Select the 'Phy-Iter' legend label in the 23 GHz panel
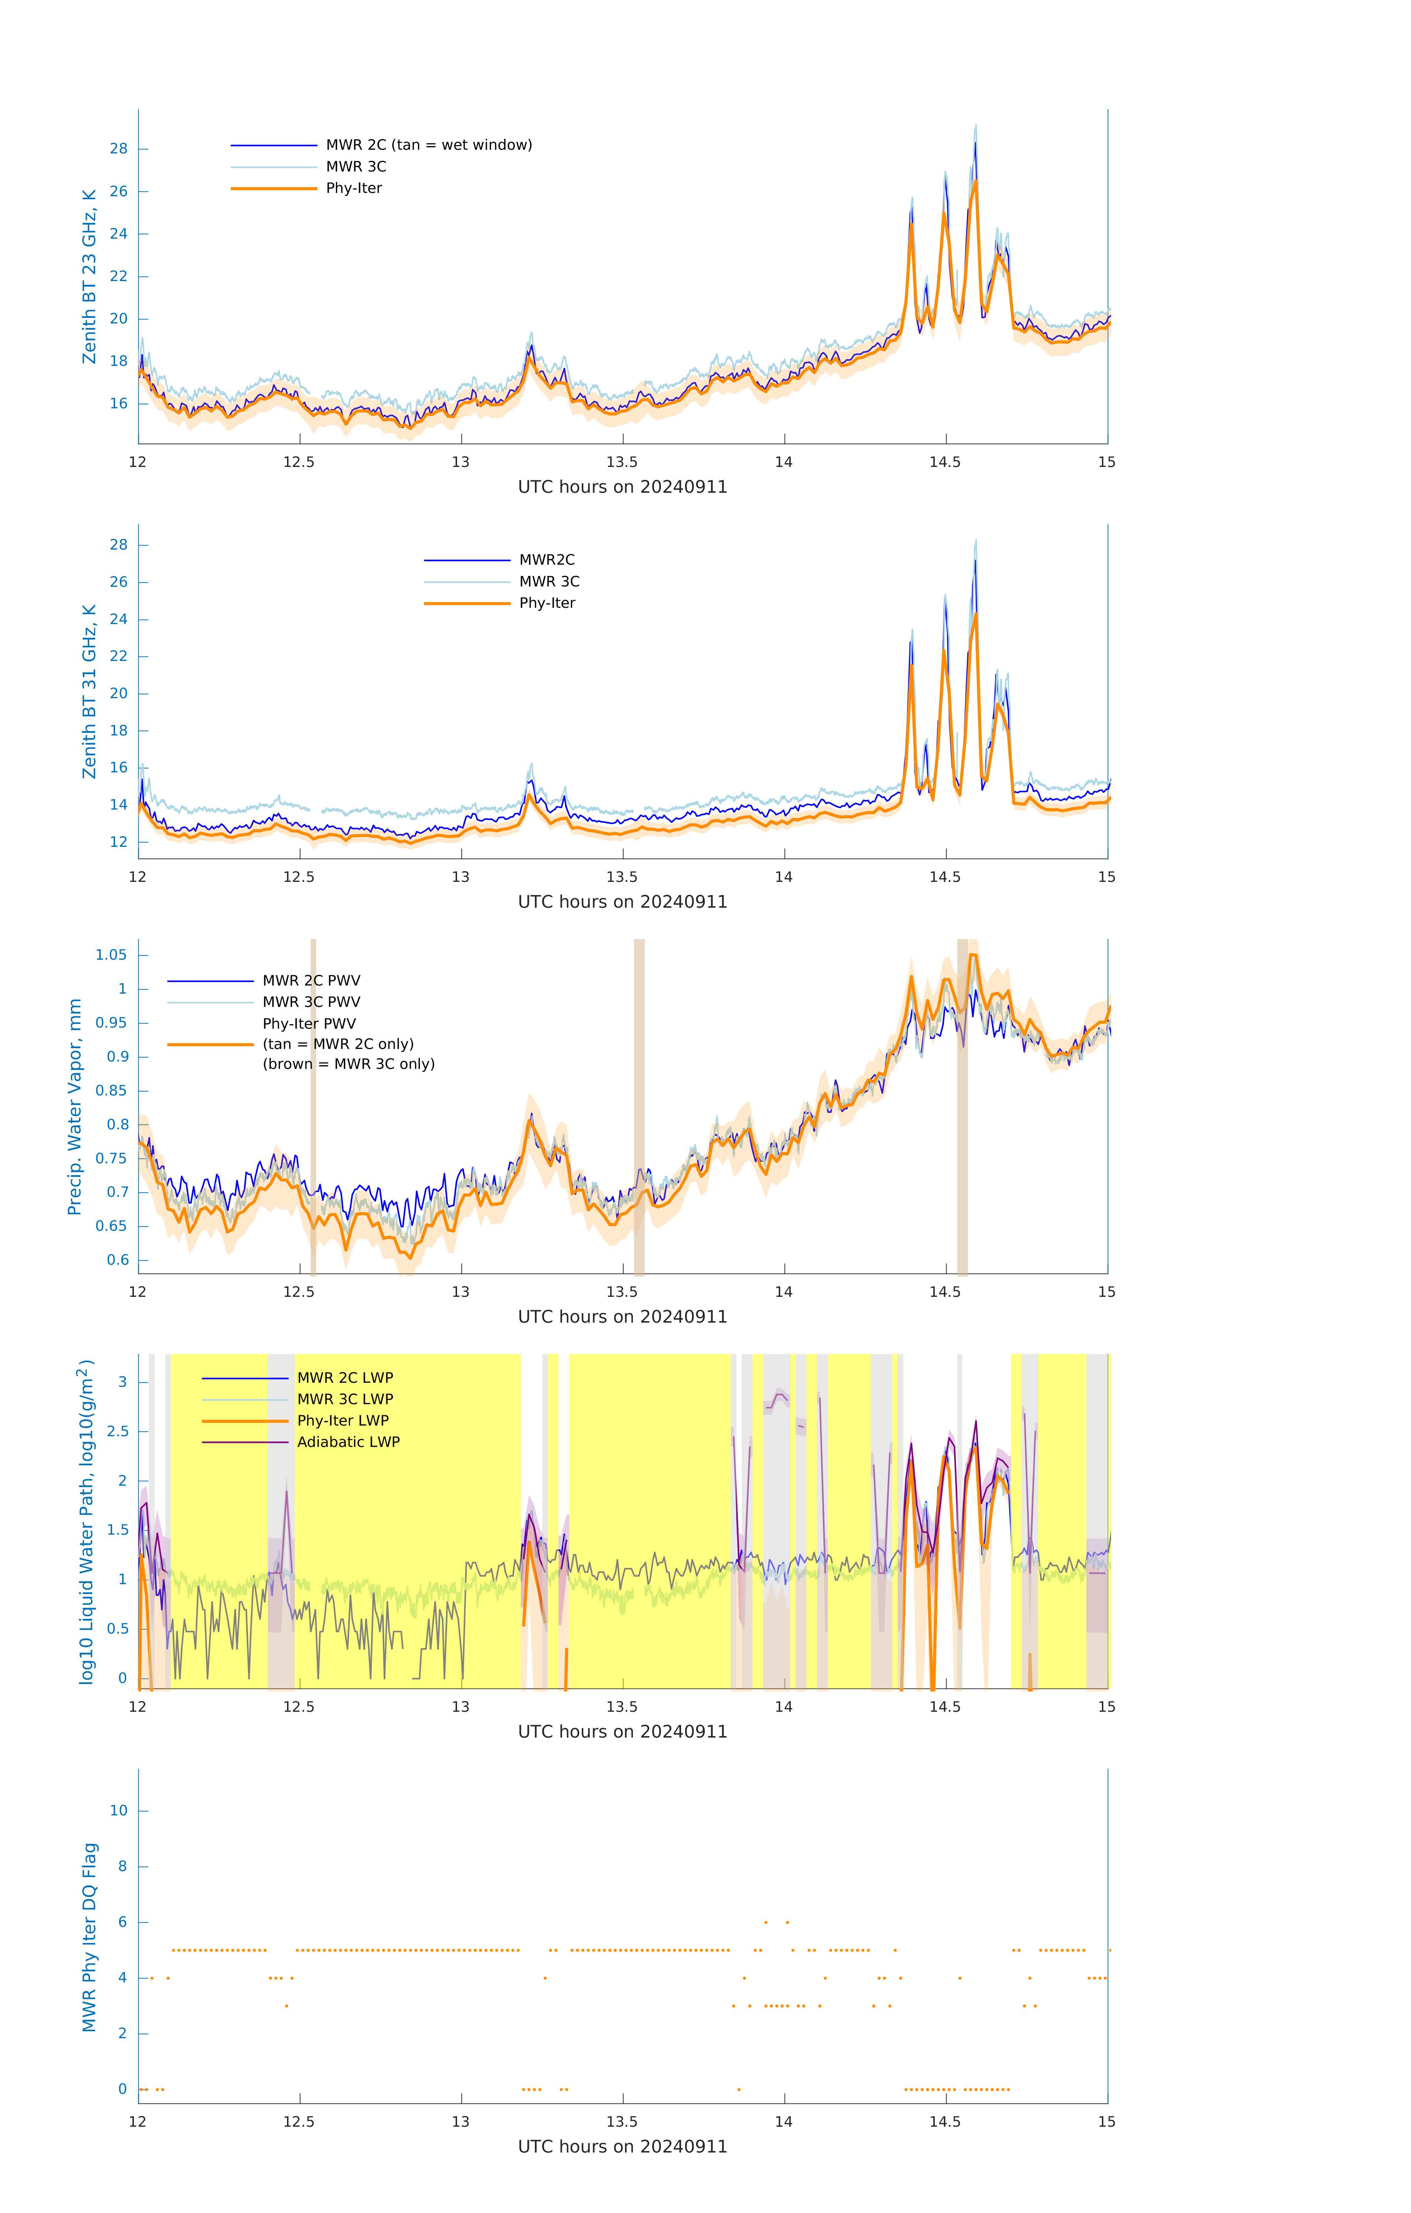point(354,188)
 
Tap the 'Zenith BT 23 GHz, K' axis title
point(89,277)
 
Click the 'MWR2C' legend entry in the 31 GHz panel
point(547,560)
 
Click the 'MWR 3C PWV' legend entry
point(312,1002)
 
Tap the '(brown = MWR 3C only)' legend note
point(348,1064)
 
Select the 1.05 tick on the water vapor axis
point(111,955)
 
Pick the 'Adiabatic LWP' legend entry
point(348,1442)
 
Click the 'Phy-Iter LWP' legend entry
point(343,1421)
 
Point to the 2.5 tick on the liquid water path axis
point(118,1432)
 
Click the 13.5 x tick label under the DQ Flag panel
point(622,2122)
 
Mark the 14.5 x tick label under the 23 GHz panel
point(945,462)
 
